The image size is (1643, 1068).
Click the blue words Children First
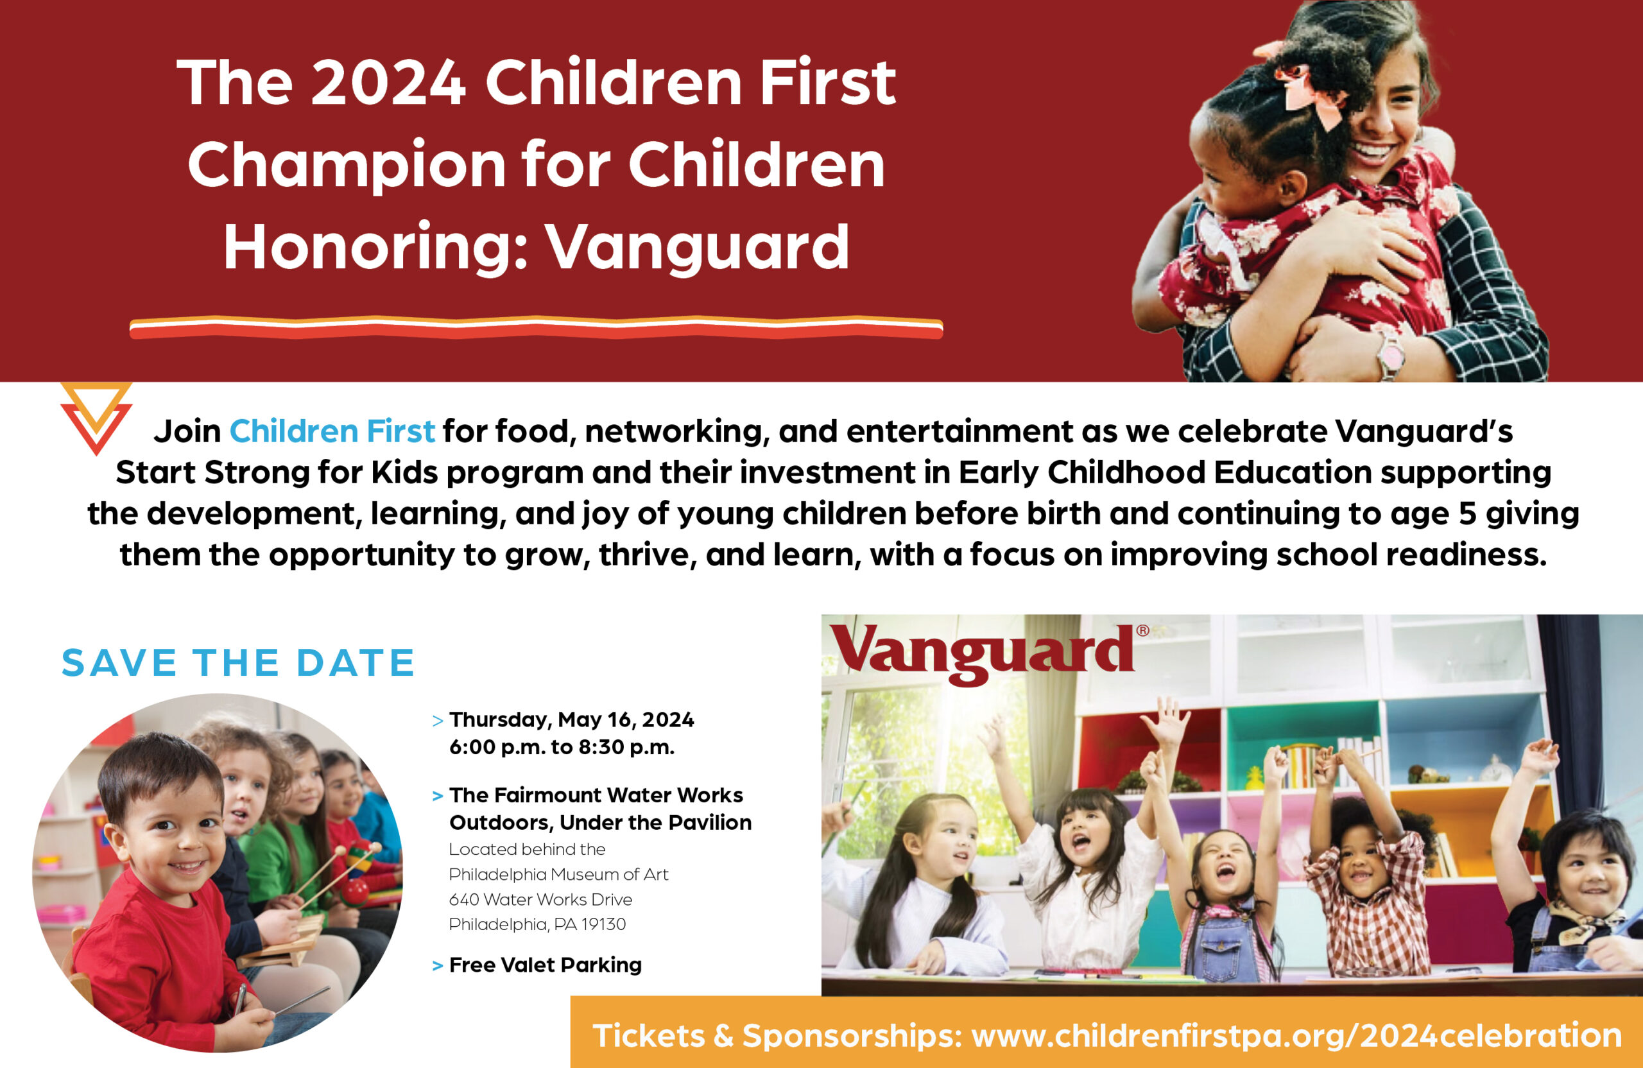[x=332, y=431]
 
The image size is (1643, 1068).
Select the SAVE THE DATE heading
[x=238, y=663]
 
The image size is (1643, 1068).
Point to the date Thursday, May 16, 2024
[x=572, y=720]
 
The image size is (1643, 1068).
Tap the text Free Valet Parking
[x=546, y=965]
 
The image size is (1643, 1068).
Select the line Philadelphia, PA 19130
[x=537, y=924]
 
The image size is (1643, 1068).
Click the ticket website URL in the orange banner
[x=1296, y=1035]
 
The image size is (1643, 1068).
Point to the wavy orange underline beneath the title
[x=537, y=327]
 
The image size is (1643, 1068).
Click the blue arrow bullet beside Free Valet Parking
[x=437, y=966]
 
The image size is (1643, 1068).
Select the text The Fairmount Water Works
[x=596, y=795]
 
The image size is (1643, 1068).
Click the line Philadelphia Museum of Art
[x=558, y=875]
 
